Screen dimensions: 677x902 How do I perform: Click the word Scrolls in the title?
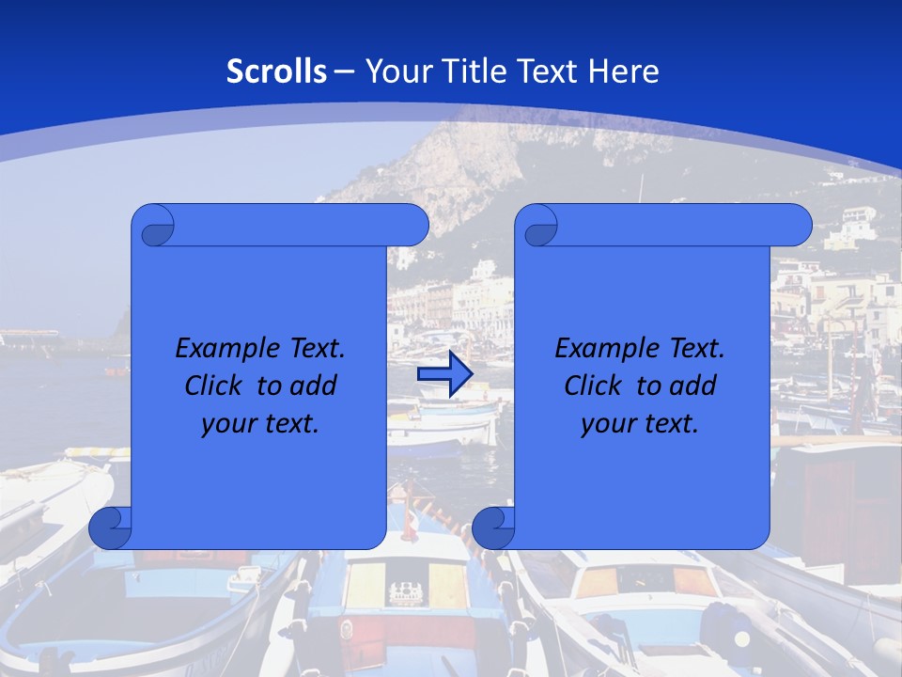point(276,71)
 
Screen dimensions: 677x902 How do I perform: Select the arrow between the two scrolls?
point(444,374)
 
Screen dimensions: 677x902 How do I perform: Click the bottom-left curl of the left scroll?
point(110,527)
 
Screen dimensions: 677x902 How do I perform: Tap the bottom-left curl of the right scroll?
point(493,527)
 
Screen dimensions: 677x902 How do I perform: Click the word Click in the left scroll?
point(214,386)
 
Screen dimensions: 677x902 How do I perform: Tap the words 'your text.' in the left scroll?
point(260,423)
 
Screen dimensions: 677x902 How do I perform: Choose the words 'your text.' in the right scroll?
point(640,423)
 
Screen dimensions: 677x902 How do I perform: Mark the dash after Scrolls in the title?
point(344,71)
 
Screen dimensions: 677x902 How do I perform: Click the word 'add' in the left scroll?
point(315,386)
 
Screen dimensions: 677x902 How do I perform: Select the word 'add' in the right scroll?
point(694,386)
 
